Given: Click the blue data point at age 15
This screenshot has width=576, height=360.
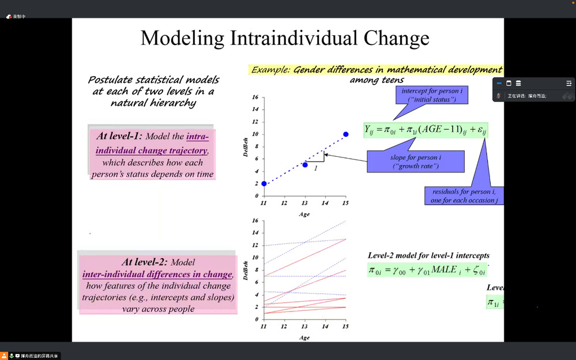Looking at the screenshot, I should [x=345, y=134].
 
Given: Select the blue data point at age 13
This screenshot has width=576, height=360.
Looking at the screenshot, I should [x=305, y=165].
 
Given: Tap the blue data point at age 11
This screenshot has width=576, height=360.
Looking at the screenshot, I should [x=264, y=183].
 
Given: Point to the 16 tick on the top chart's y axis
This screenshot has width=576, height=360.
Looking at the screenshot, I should [x=255, y=97].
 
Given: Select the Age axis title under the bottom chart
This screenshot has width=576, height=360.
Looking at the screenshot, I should [x=304, y=337].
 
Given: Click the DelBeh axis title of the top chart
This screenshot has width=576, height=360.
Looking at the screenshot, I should [x=246, y=147].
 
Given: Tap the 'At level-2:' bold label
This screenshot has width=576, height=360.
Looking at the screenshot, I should [x=145, y=262].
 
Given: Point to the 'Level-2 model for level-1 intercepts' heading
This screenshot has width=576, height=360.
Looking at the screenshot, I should [x=428, y=255].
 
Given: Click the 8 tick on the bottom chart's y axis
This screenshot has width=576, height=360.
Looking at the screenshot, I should [x=255, y=270].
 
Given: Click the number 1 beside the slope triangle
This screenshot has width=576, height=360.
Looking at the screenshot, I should [x=316, y=168].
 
